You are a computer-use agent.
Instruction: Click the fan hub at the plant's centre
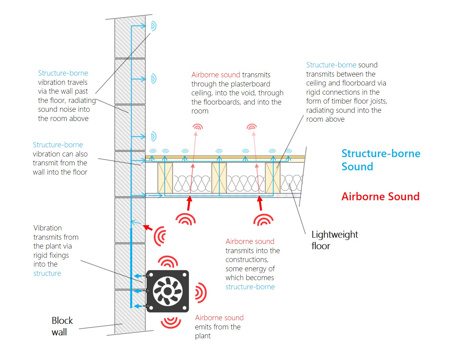pyautogui.click(x=168, y=291)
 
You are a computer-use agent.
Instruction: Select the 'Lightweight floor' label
pyautogui.click(x=334, y=240)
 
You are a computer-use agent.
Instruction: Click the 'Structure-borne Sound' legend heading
pyautogui.click(x=380, y=160)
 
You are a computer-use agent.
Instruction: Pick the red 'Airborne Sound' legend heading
pyautogui.click(x=380, y=197)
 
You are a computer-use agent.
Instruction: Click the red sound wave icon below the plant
pyautogui.click(x=171, y=323)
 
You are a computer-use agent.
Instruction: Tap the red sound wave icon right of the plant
pyautogui.click(x=200, y=293)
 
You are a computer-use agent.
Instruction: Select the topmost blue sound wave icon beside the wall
pyautogui.click(x=153, y=26)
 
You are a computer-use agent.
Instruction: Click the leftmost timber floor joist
pyautogui.click(x=165, y=178)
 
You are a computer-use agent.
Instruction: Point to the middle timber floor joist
pyautogui.click(x=219, y=178)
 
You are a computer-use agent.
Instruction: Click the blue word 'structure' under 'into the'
pyautogui.click(x=47, y=273)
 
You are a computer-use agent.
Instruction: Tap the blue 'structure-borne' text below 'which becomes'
pyautogui.click(x=250, y=287)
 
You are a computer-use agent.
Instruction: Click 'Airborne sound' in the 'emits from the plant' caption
pyautogui.click(x=219, y=318)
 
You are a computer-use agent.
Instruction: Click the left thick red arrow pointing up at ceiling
pyautogui.click(x=189, y=203)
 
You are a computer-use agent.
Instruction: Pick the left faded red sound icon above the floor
pyautogui.click(x=198, y=127)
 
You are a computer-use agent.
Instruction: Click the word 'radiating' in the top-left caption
pyautogui.click(x=82, y=100)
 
